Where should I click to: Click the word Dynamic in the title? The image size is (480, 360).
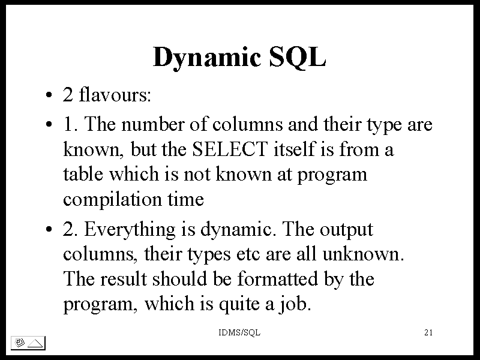click(206, 58)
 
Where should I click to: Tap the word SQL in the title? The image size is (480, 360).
click(297, 56)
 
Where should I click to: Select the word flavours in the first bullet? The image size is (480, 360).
click(115, 94)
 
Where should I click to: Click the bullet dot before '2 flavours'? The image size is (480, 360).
click(49, 95)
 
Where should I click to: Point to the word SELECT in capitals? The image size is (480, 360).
click(230, 149)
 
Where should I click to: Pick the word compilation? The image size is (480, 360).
click(112, 200)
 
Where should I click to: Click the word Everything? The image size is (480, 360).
click(130, 230)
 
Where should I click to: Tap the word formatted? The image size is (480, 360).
click(278, 279)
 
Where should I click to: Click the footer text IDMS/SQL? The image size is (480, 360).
click(239, 332)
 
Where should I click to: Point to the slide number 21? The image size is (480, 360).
click(428, 332)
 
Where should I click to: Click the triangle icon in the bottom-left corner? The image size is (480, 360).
click(35, 343)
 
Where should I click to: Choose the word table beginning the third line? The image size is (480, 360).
click(83, 174)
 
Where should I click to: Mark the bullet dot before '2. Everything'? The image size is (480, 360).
click(49, 229)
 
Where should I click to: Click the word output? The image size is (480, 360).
click(347, 230)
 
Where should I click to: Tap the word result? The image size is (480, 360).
click(124, 279)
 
